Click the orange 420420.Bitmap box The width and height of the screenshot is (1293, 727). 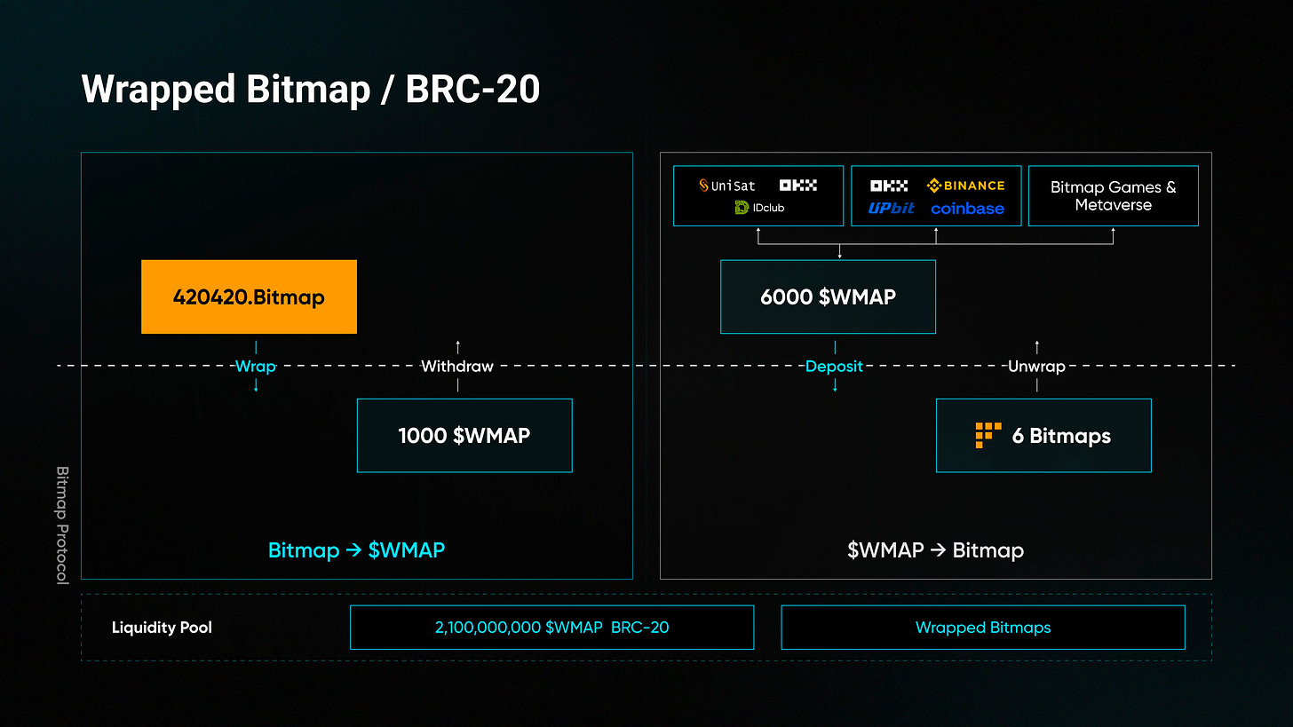coord(249,296)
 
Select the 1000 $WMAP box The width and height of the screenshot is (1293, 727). coord(464,435)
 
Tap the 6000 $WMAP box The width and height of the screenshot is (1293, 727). coord(828,296)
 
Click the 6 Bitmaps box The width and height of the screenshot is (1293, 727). coord(1043,435)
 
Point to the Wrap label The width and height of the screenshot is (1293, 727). coord(255,366)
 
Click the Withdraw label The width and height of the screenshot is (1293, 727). coord(456,366)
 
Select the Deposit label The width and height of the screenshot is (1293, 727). coord(834,366)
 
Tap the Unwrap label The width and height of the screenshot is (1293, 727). coord(1036,366)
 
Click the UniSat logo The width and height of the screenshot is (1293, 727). coord(727,186)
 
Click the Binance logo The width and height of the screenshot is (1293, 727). coord(965,186)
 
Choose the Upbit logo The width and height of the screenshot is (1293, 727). coord(891,209)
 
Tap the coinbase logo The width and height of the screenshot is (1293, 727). coord(967,209)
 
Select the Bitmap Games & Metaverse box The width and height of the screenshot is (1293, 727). coord(1113,195)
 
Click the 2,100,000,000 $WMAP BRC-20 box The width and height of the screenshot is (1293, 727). coord(551,628)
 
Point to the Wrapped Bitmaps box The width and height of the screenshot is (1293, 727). coord(982,628)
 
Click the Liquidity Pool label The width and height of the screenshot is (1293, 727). coord(162,628)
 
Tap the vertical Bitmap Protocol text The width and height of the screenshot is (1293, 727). coord(62,525)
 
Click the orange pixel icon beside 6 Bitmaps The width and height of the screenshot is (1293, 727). coord(988,435)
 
